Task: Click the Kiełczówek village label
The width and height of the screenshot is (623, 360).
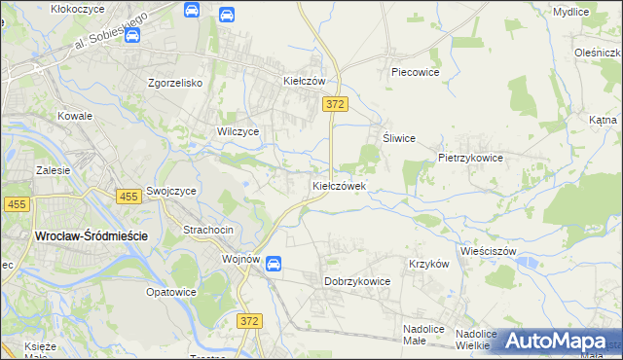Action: pyautogui.click(x=339, y=185)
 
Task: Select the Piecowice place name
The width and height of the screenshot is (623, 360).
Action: pyautogui.click(x=416, y=72)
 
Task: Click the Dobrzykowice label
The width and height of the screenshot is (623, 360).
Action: pyautogui.click(x=356, y=281)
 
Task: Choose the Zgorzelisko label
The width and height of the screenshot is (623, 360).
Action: pyautogui.click(x=174, y=83)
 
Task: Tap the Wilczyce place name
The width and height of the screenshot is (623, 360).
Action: pyautogui.click(x=238, y=130)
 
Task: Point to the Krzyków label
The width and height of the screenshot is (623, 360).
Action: pyautogui.click(x=428, y=264)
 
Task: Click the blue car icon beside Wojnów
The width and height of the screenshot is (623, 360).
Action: pyautogui.click(x=275, y=263)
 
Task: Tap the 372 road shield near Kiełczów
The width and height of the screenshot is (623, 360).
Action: pyautogui.click(x=336, y=103)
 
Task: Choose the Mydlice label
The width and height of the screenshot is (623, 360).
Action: pyautogui.click(x=570, y=12)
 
